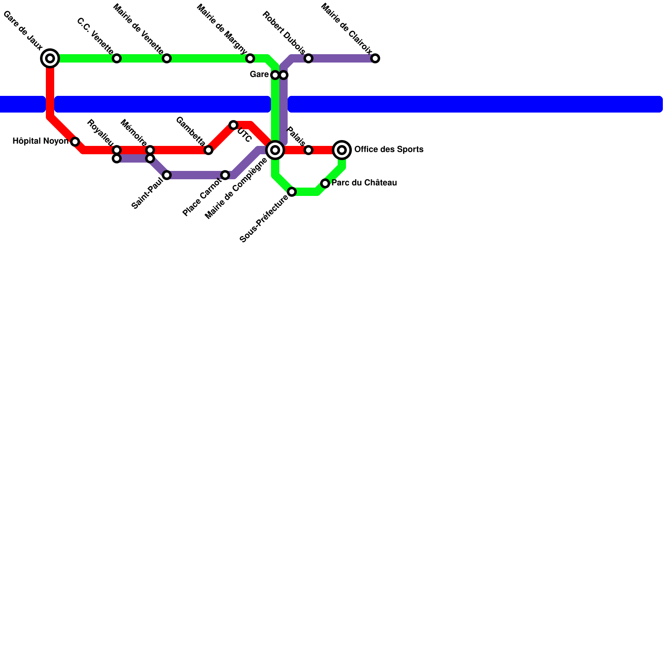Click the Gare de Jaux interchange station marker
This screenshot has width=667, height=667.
[50, 58]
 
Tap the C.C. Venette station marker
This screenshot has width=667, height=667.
[117, 58]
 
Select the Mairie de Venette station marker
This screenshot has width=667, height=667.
[167, 58]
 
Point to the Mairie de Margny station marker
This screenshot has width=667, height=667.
[250, 58]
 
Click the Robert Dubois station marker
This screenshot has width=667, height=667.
[308, 58]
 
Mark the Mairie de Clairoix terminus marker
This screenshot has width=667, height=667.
[375, 58]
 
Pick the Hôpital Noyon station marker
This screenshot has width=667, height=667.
[75, 142]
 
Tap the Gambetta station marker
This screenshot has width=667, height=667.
[208, 150]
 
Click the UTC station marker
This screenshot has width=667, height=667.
[233, 125]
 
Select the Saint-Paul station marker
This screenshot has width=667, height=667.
[167, 175]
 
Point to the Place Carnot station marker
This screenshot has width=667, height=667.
[225, 175]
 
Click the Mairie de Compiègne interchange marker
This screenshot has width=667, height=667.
[275, 150]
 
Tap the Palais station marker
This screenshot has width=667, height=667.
[308, 150]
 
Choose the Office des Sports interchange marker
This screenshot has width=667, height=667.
[342, 150]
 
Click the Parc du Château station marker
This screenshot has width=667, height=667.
[325, 183]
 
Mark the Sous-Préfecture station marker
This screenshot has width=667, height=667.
[292, 192]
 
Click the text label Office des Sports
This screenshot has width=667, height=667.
[389, 149]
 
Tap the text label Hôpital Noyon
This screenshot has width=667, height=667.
[40, 141]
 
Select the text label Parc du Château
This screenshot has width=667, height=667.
[364, 183]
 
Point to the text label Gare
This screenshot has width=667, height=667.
[259, 75]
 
